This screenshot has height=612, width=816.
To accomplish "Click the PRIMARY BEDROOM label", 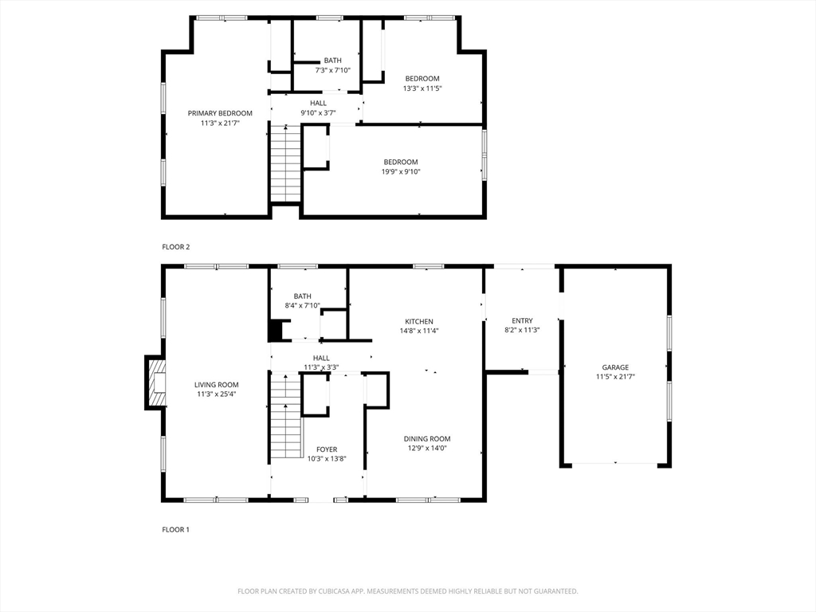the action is click(x=220, y=113).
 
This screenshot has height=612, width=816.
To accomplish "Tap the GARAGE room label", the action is click(x=615, y=367).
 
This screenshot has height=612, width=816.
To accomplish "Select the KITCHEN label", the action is click(x=419, y=322).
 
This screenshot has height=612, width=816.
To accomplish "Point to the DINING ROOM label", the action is click(x=427, y=439).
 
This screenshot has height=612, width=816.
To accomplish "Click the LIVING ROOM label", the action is click(x=217, y=385).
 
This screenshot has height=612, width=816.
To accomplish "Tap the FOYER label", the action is click(x=327, y=449).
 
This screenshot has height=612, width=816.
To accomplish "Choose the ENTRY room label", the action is click(x=522, y=320).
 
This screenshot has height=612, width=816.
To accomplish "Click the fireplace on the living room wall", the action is click(x=155, y=383).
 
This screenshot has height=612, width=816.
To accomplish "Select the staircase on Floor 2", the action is click(x=286, y=164).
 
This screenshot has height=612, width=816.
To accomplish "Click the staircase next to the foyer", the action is click(x=286, y=416).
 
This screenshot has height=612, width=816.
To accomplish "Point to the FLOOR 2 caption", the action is click(x=176, y=247).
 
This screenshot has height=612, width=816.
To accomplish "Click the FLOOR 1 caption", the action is click(x=176, y=529).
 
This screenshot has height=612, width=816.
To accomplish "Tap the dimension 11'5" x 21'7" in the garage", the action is click(x=615, y=377).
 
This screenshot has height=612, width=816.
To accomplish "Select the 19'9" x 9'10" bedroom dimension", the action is click(x=401, y=172).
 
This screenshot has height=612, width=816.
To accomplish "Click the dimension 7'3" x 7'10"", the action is click(x=332, y=70).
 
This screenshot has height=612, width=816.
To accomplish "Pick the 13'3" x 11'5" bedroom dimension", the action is click(x=422, y=88).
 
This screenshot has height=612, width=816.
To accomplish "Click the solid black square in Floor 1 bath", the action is click(x=275, y=331).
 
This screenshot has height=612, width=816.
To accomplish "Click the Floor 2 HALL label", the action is click(x=319, y=103).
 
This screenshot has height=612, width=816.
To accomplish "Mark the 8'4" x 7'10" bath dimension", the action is click(x=302, y=305).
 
